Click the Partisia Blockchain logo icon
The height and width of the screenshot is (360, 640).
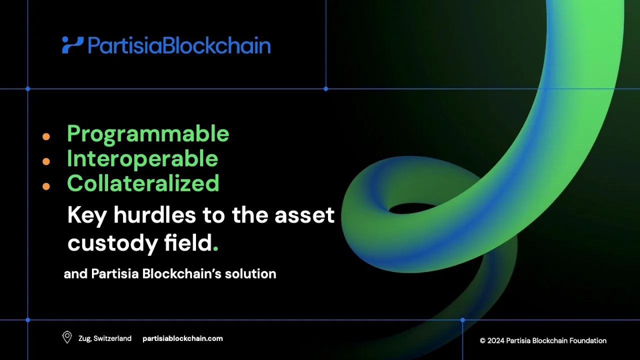point(72,45)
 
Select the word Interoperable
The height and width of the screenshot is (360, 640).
point(142,159)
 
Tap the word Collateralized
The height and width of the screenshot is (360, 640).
point(143,183)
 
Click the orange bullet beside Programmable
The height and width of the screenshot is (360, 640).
point(46,136)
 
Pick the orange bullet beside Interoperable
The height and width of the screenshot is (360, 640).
point(46,161)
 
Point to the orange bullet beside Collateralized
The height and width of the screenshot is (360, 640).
point(46,186)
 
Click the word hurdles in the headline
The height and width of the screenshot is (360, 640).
point(154,215)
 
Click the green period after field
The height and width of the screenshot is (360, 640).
point(215,249)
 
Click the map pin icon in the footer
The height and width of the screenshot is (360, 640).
point(67,337)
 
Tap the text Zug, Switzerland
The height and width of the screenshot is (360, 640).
point(105,338)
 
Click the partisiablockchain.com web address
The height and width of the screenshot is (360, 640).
point(182,338)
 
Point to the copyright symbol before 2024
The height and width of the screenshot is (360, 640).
point(482,340)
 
